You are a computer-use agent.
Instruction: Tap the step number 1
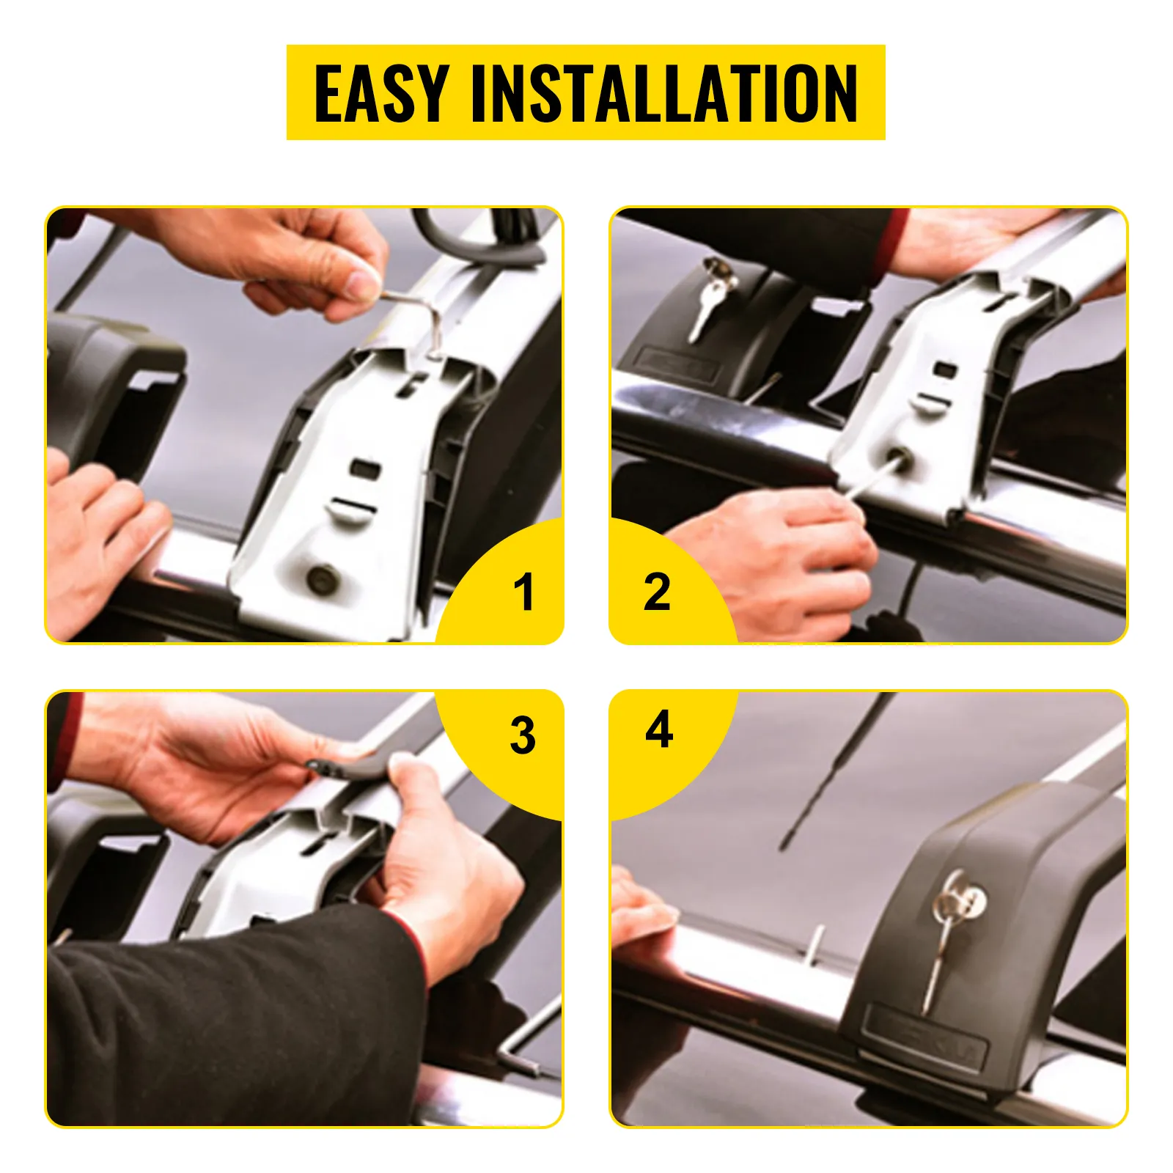pyautogui.click(x=523, y=592)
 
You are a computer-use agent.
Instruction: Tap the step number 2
pyautogui.click(x=656, y=592)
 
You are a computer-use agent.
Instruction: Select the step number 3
pyautogui.click(x=523, y=735)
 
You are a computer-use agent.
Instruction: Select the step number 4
pyautogui.click(x=659, y=729)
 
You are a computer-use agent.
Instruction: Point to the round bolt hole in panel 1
pyautogui.click(x=321, y=579)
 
